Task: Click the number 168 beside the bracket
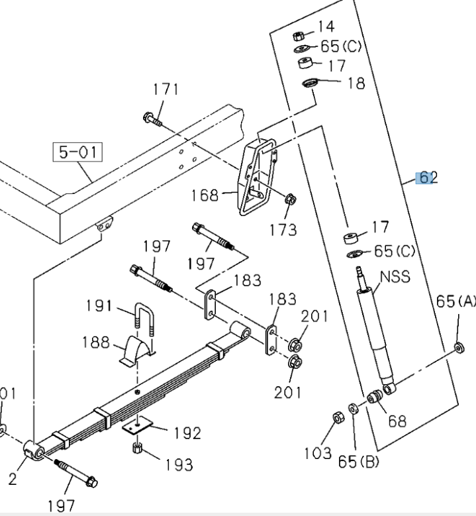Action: [x=204, y=195]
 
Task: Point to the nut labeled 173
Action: [x=289, y=200]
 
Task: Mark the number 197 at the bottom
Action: [x=62, y=506]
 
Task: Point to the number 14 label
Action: [x=326, y=26]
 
